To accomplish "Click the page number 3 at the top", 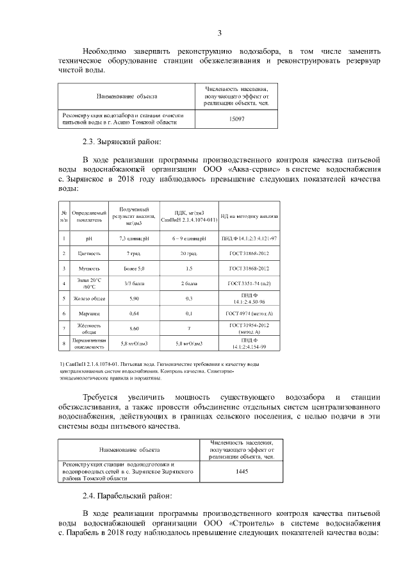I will [219, 33].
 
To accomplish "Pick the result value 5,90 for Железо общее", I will [133, 298].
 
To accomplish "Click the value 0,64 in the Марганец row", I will [133, 313].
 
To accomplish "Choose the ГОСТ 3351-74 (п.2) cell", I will [250, 283].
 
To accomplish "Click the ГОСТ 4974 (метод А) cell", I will [250, 313].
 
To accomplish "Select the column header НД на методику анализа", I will [250, 217].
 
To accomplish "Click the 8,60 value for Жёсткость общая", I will [133, 328].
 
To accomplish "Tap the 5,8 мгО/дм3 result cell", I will [133, 344].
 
